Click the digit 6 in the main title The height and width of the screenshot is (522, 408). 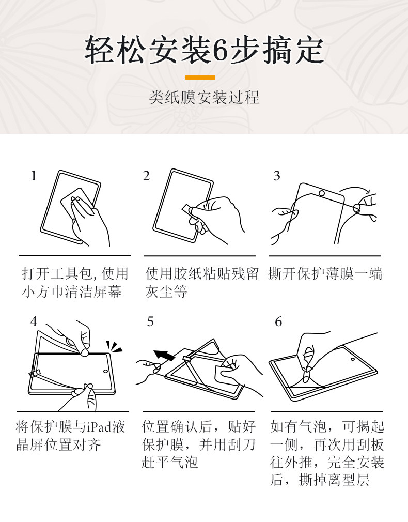(221, 51)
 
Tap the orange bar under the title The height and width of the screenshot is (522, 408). (200, 78)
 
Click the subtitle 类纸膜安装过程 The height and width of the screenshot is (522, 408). (203, 98)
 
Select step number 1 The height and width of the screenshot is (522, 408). (34, 176)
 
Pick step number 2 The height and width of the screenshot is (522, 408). (147, 176)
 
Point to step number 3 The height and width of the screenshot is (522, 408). (277, 176)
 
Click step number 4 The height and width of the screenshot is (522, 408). (34, 321)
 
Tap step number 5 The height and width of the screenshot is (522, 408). (150, 321)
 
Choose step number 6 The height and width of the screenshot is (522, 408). (278, 321)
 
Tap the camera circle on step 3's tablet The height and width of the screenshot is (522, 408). (322, 193)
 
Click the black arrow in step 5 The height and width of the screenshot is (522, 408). (164, 355)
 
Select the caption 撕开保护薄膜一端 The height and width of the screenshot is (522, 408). (325, 273)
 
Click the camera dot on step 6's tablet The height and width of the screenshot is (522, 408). (353, 359)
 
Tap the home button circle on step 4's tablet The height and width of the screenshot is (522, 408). (105, 371)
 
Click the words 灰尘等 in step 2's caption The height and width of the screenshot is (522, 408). (166, 291)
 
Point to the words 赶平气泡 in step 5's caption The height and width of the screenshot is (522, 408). (170, 462)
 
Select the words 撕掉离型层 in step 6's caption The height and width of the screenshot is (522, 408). (334, 480)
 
